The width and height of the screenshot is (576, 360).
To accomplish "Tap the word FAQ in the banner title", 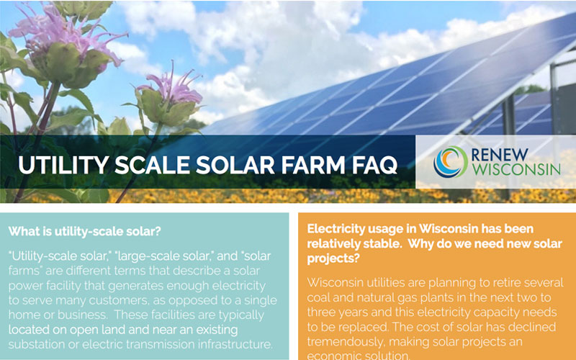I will pos(372,163).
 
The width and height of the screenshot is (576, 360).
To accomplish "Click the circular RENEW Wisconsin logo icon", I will pos(451,161).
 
